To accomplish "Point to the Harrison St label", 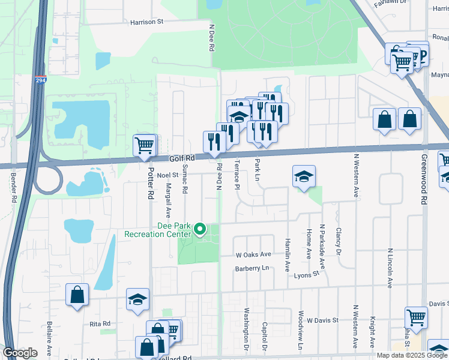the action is [x=146, y=22].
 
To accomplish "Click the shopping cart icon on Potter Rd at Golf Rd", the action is [x=145, y=146].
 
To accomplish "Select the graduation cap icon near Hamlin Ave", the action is [x=304, y=176].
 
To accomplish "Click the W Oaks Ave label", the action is [x=253, y=254].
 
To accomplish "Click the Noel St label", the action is [x=168, y=175].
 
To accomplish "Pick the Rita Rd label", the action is [x=101, y=323].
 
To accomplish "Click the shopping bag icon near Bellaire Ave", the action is [x=77, y=295].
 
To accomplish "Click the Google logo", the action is [x=20, y=352].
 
